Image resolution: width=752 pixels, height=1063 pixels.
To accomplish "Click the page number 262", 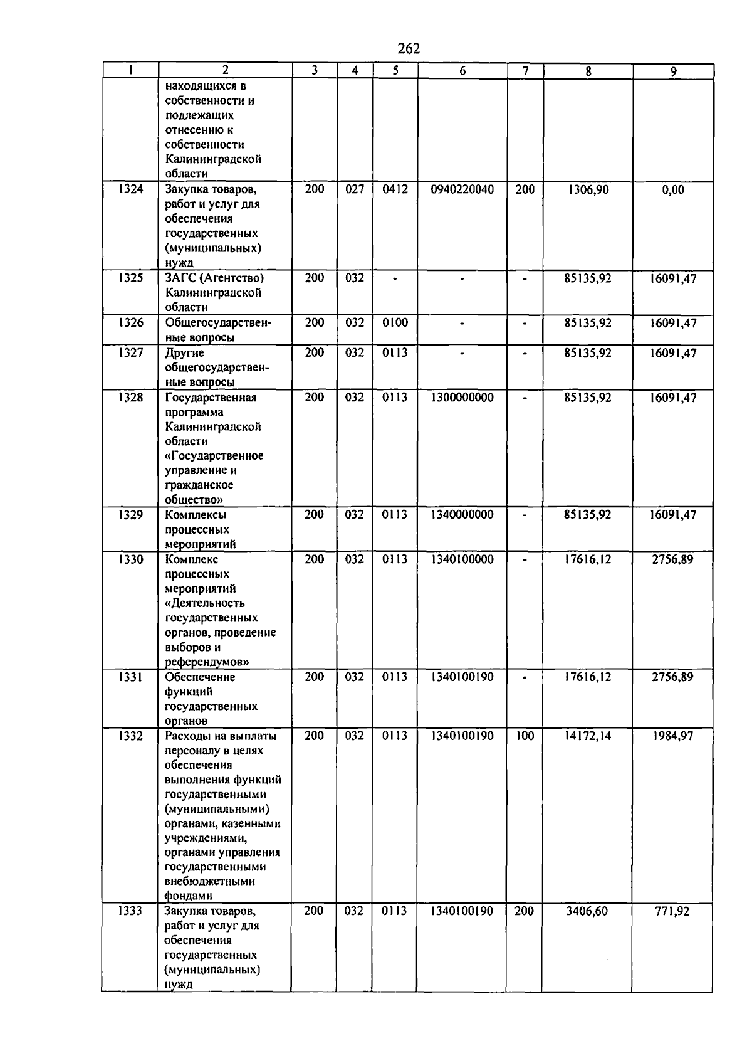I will coord(408,48).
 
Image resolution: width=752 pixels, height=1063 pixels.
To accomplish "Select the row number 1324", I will coord(130,189).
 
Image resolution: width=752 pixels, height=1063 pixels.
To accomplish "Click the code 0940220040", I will coord(462,189).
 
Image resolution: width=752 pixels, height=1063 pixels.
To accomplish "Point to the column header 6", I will coord(462,71).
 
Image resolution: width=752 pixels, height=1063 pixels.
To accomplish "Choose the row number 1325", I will coord(130,278).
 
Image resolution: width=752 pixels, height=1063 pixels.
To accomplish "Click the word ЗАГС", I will coord(180,278).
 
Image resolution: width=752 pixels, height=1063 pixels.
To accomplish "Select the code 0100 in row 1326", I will coord(395,322).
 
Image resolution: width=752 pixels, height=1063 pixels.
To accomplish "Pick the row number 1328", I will coord(130,397).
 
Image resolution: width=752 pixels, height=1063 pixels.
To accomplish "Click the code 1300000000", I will coord(462,397).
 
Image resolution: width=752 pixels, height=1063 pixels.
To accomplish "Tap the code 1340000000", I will coord(462,514).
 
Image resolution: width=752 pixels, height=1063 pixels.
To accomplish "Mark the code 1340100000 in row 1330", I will coord(462,559).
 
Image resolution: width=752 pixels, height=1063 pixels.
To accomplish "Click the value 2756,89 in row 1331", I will coord(672,677).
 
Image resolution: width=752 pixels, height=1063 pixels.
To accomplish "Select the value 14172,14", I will coord(587,736).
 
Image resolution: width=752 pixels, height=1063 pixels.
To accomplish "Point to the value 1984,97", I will coord(672,736).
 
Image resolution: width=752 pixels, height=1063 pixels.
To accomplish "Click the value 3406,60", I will coord(587,911).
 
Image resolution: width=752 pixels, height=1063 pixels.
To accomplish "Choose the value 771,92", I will coord(672,911).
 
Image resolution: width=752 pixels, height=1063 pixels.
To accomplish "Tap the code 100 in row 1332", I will coord(525,736).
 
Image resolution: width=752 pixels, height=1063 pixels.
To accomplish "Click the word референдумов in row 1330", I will coord(204,662).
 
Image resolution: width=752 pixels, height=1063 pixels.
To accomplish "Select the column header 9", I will coord(673,71).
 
